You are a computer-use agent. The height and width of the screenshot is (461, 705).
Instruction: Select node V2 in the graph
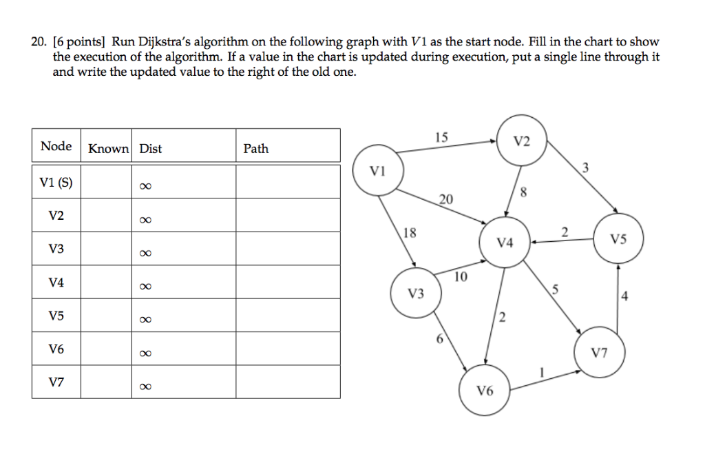tap(522, 142)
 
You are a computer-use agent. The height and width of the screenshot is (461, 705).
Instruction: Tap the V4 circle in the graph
tap(505, 243)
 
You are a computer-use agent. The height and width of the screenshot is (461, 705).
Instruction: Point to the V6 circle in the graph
tap(485, 391)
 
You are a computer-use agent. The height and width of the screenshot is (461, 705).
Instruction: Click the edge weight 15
tap(441, 137)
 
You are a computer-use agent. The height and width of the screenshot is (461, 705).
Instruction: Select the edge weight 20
tap(446, 200)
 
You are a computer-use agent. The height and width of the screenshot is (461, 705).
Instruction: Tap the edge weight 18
tap(409, 233)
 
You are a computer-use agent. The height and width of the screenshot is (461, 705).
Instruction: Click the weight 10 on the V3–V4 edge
tap(461, 276)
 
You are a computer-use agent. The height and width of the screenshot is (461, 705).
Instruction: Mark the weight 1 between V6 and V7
tap(543, 372)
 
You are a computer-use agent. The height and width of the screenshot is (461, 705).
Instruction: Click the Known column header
tap(107, 148)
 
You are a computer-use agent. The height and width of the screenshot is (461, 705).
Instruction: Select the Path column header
tap(256, 148)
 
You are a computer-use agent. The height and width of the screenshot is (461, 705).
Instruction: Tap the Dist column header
tap(150, 148)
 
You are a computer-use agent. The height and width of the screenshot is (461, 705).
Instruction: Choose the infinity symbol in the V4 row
tap(144, 287)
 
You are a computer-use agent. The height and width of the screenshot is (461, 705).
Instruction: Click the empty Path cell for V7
tap(288, 382)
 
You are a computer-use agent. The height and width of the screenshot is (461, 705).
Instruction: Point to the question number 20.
tap(38, 43)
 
